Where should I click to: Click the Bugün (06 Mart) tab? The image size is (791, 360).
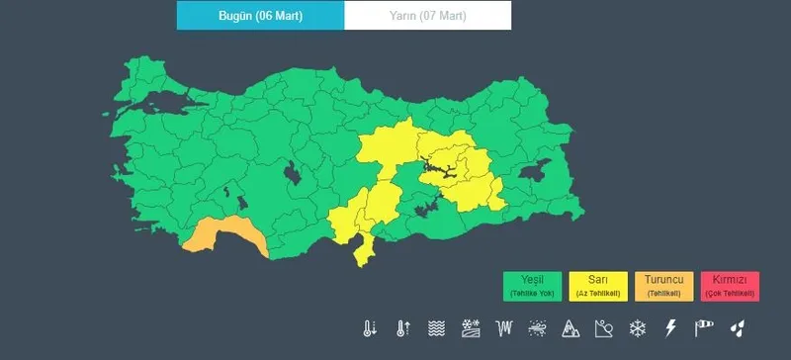point(260,16)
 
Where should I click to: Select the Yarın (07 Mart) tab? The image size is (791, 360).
point(427,16)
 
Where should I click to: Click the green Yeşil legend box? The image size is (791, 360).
point(532,286)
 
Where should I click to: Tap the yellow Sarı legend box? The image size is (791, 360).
point(598,286)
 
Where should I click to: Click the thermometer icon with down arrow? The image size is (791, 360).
point(369,327)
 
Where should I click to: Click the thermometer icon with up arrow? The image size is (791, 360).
point(402,327)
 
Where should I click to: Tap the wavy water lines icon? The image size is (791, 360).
point(436,327)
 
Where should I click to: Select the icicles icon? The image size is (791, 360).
point(503,327)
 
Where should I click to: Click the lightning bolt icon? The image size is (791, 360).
point(670,327)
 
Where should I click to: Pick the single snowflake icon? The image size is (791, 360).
point(638,327)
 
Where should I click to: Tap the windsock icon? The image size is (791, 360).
point(704,327)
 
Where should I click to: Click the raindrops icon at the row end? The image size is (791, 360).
point(738,327)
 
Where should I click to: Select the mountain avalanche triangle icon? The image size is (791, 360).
point(571,327)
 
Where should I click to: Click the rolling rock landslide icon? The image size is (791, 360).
point(604,327)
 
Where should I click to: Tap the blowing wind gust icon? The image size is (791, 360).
point(537,327)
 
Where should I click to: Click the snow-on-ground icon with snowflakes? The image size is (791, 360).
point(470,327)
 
